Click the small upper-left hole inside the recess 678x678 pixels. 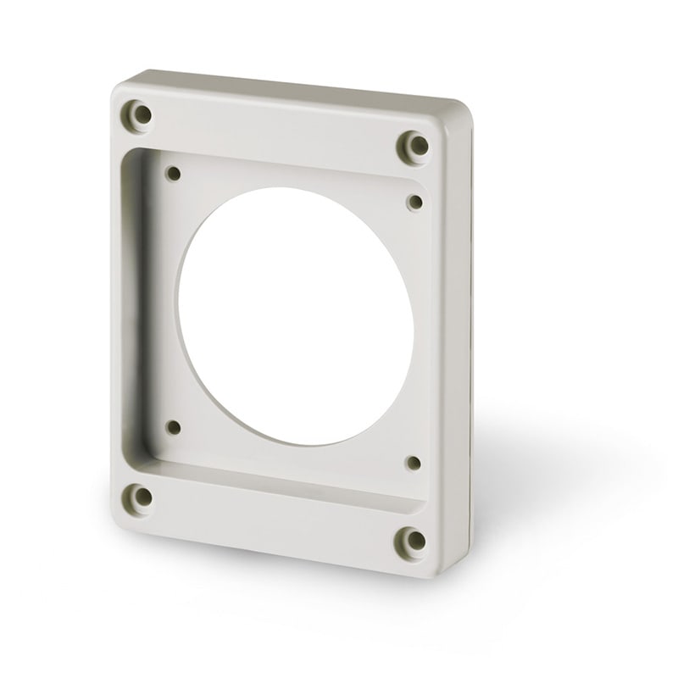[174, 174]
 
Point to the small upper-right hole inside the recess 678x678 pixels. [415, 200]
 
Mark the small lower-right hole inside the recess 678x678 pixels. [413, 463]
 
